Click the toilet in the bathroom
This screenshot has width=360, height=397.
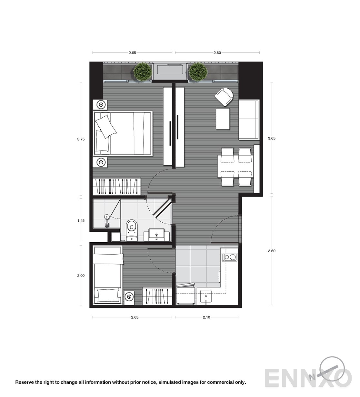pyautogui.click(x=132, y=230)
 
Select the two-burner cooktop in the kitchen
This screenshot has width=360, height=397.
pyautogui.click(x=229, y=257)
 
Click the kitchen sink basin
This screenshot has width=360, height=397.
pyautogui.click(x=206, y=296)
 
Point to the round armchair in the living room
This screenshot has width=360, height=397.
pyautogui.click(x=224, y=97)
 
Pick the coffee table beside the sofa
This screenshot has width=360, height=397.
pyautogui.click(x=223, y=119)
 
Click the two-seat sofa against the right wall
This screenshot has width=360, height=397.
pyautogui.click(x=249, y=120)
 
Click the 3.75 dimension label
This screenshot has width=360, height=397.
pyautogui.click(x=81, y=139)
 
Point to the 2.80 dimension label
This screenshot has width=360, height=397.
pyautogui.click(x=217, y=53)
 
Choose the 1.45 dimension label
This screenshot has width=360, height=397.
pyautogui.click(x=81, y=220)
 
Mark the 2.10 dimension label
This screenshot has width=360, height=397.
pyautogui.click(x=206, y=317)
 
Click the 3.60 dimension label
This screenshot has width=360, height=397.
pyautogui.click(x=272, y=251)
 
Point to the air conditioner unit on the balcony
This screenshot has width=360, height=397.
pyautogui.click(x=170, y=71)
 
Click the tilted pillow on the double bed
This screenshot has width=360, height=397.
pyautogui.click(x=106, y=126)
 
